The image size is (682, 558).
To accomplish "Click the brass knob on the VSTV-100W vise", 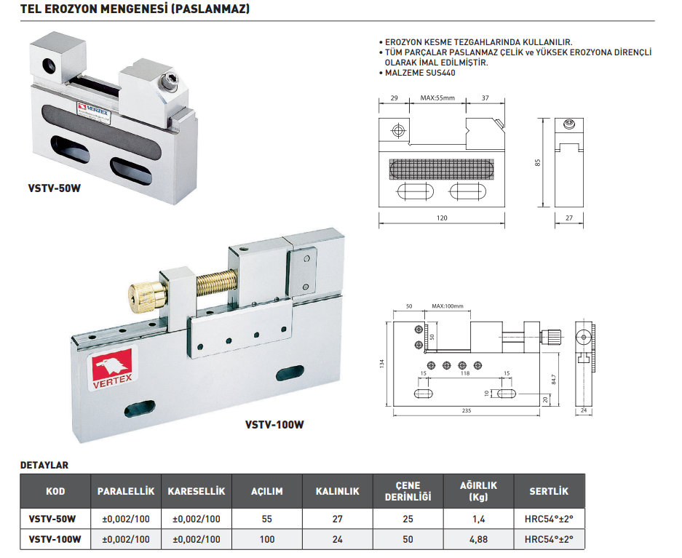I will tap(146, 295).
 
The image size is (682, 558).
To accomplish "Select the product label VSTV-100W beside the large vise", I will tap(274, 425).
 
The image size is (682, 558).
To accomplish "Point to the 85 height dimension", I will tap(538, 162).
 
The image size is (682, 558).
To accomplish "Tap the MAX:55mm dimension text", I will tap(437, 98).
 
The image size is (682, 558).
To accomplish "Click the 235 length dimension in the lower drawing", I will tap(467, 411).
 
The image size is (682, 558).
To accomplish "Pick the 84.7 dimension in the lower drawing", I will tap(555, 378).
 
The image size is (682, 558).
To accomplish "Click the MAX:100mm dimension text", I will tap(447, 306).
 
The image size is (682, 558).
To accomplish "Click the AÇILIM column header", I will tap(266, 491).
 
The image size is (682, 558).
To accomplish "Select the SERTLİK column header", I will tap(549, 491).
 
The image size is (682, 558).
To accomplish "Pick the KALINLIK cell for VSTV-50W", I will tap(337, 519).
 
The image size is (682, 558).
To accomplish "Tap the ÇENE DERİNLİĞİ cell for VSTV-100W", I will tap(408, 539).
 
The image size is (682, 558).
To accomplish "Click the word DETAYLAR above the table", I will tap(44, 465).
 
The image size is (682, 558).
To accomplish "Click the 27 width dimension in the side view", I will tap(569, 218).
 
